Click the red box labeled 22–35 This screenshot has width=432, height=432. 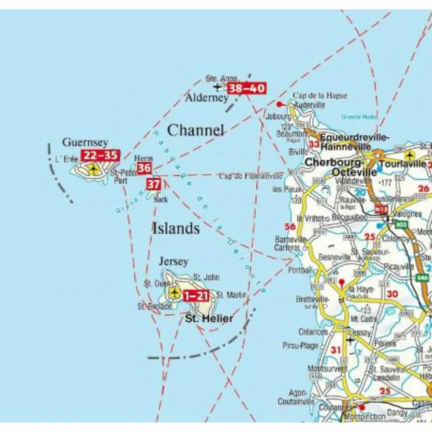(100, 156)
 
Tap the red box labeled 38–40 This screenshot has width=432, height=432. (247, 88)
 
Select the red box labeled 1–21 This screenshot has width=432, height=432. (196, 296)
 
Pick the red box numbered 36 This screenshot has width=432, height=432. (144, 168)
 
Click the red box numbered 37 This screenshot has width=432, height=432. (153, 184)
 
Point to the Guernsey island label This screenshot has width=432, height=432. (85, 142)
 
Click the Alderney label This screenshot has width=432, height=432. (206, 98)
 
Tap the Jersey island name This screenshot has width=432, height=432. (173, 262)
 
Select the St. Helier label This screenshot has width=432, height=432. (209, 319)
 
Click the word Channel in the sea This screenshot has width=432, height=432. (196, 130)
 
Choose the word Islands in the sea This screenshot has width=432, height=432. (176, 228)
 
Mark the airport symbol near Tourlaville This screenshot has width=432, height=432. (409, 155)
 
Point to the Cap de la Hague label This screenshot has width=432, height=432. (320, 96)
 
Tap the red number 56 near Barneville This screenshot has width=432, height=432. (290, 227)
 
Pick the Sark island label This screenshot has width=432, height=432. (161, 200)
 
